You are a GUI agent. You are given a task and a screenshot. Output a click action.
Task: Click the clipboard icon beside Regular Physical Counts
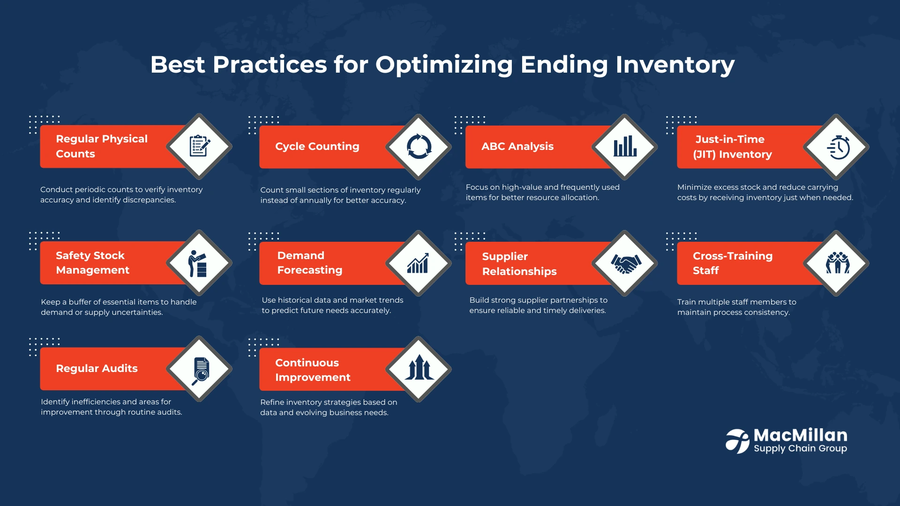pyautogui.click(x=200, y=146)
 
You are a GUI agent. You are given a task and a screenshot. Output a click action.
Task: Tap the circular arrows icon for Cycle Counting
pyautogui.click(x=419, y=147)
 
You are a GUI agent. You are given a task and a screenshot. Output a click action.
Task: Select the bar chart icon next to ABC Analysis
pyautogui.click(x=625, y=146)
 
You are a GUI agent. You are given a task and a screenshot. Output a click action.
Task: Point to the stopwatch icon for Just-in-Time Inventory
pyautogui.click(x=838, y=148)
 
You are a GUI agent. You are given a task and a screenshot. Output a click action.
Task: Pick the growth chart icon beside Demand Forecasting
pyautogui.click(x=418, y=263)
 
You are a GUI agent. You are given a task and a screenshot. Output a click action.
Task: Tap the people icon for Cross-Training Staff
pyautogui.click(x=838, y=263)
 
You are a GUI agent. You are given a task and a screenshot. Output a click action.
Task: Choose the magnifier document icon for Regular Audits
pyautogui.click(x=201, y=371)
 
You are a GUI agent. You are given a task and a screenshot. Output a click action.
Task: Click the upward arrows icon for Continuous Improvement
pyautogui.click(x=419, y=367)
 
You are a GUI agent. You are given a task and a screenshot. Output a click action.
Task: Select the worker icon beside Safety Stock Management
pyautogui.click(x=197, y=263)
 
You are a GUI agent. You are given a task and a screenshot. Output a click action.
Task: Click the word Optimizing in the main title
pyautogui.click(x=444, y=65)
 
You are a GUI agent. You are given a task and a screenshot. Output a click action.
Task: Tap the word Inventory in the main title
pyautogui.click(x=675, y=65)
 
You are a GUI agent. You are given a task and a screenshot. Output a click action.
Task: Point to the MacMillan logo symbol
pyautogui.click(x=737, y=441)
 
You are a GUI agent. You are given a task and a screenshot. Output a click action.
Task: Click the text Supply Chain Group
pyautogui.click(x=800, y=448)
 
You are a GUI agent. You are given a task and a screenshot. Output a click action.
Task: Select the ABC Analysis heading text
pyautogui.click(x=517, y=146)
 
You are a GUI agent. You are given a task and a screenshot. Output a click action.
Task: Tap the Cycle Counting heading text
pyautogui.click(x=317, y=146)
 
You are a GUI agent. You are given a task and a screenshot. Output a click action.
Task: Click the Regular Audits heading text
pyautogui.click(x=97, y=368)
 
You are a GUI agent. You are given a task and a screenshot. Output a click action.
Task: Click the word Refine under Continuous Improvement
pyautogui.click(x=272, y=402)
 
